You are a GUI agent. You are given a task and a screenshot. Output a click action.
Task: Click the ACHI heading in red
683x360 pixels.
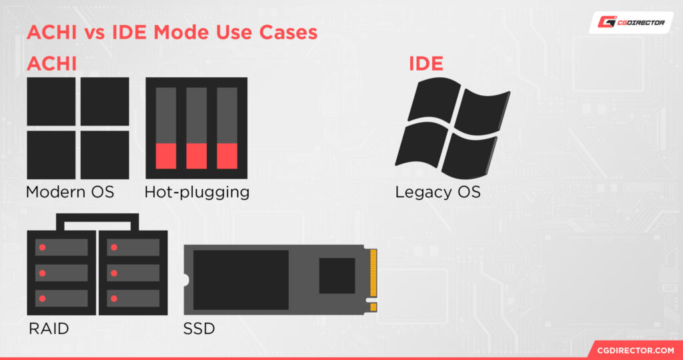tap(51, 64)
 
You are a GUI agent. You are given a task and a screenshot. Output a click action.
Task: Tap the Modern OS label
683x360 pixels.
tap(70, 193)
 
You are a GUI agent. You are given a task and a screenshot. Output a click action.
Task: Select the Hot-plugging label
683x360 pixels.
tap(197, 193)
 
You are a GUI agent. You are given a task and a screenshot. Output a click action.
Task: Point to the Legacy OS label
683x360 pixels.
tap(438, 193)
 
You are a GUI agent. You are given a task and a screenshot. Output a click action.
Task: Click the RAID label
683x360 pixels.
tap(49, 329)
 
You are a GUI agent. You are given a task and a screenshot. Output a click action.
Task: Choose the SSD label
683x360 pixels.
tap(199, 329)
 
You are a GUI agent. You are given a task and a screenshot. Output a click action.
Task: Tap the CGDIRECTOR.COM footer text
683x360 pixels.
tap(634, 349)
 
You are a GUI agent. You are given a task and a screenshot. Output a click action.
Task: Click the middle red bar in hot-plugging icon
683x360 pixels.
tap(196, 155)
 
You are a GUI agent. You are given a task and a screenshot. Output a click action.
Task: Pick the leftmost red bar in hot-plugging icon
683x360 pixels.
tap(166, 155)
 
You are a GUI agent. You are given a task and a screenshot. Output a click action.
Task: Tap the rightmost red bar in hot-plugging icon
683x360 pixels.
tap(227, 155)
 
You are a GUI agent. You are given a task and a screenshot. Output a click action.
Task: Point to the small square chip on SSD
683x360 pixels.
tap(337, 275)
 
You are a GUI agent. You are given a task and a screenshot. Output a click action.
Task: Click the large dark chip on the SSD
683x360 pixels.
tap(241, 280)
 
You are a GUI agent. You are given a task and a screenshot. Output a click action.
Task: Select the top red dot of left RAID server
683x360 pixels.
tap(42, 247)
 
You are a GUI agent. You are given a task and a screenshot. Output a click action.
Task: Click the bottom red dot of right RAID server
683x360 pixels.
tap(114, 298)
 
